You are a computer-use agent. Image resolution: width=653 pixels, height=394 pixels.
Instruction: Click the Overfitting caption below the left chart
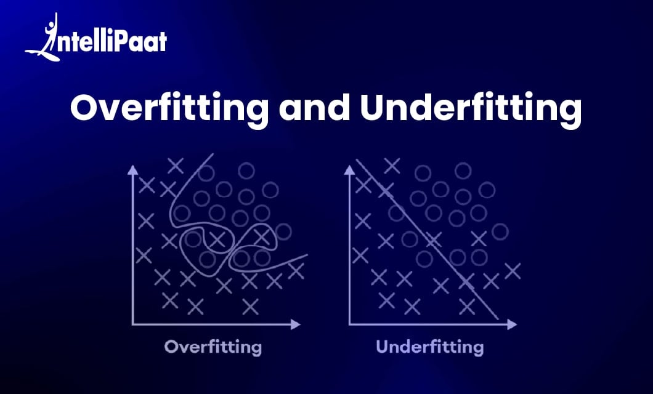click(x=213, y=347)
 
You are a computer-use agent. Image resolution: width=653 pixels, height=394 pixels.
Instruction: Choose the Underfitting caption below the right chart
click(x=430, y=347)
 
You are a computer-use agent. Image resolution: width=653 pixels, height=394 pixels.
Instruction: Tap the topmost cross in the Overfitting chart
click(x=176, y=165)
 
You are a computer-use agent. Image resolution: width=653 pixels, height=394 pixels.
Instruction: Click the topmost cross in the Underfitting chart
click(x=392, y=165)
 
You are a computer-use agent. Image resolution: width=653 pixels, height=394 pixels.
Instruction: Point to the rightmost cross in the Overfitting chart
click(x=296, y=271)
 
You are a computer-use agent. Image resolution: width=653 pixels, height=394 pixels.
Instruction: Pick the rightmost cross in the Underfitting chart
click(x=513, y=270)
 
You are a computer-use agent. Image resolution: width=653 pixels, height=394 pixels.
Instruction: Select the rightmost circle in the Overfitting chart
click(x=283, y=231)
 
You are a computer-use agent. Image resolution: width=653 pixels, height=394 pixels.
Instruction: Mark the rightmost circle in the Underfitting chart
click(x=500, y=231)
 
